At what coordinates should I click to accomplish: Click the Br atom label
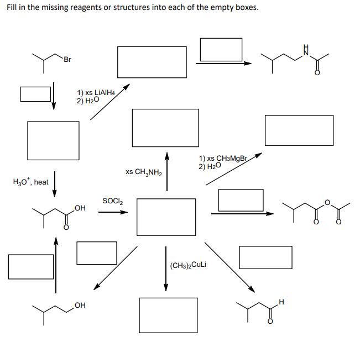pyautogui.click(x=67, y=59)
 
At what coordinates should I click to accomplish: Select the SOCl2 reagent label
pyautogui.click(x=112, y=201)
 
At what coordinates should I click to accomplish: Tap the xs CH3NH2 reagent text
pyautogui.click(x=143, y=172)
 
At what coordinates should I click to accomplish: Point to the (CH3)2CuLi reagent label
pyautogui.click(x=189, y=265)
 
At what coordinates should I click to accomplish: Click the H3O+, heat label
pyautogui.click(x=30, y=182)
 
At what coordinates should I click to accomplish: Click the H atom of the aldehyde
pyautogui.click(x=281, y=302)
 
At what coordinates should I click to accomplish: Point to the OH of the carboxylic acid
pyautogui.click(x=80, y=208)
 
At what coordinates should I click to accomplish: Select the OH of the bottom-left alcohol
pyautogui.click(x=80, y=304)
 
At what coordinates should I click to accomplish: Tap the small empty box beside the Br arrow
pyautogui.click(x=35, y=93)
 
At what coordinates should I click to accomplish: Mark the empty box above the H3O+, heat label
pyautogui.click(x=53, y=140)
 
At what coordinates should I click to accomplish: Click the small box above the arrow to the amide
pyautogui.click(x=221, y=50)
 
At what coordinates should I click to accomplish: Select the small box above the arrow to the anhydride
pyautogui.click(x=241, y=200)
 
